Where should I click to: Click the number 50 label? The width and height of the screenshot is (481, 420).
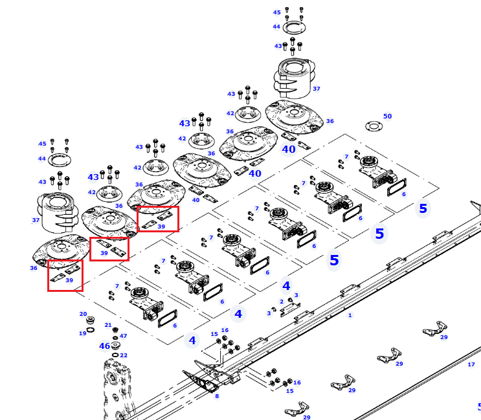click(x=387, y=116)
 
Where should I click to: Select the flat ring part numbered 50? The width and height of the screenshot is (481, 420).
click(x=374, y=126)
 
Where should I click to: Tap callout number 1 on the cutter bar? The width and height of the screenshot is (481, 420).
click(x=350, y=315)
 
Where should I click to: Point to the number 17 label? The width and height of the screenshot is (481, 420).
click(x=471, y=364)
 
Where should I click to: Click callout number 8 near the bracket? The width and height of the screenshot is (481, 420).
click(x=217, y=396)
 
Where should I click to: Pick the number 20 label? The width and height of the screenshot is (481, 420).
click(x=83, y=314)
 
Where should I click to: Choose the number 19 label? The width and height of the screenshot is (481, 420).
click(x=82, y=333)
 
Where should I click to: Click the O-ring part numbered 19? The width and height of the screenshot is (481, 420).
click(x=91, y=330)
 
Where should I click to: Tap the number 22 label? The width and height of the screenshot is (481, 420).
click(x=124, y=355)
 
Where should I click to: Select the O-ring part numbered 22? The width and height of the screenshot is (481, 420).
click(x=115, y=355)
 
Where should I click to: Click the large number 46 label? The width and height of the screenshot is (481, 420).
click(x=105, y=346)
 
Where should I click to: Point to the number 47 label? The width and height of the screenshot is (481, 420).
click(x=123, y=336)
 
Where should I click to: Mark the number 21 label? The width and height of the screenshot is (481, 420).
click(x=108, y=325)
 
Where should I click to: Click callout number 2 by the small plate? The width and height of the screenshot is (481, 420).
click(x=282, y=302)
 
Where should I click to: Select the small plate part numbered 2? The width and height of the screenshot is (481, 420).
click(x=290, y=309)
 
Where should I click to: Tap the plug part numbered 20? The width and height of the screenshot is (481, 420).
click(x=90, y=320)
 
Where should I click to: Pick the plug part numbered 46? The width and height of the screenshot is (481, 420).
click(x=115, y=346)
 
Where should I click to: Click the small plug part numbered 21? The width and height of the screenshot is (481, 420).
click(x=115, y=330)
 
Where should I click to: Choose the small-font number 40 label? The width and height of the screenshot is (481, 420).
click(x=196, y=200)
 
